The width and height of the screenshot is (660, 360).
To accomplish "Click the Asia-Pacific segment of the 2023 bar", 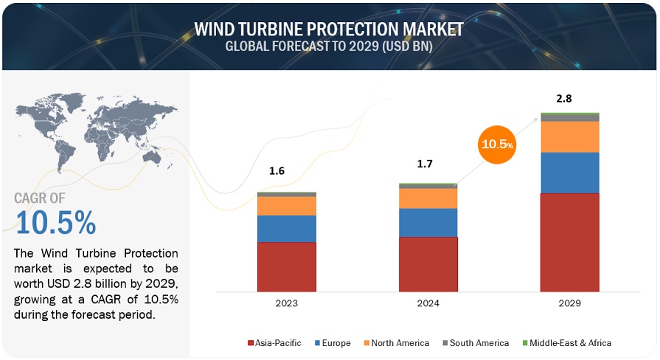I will pos(287,266).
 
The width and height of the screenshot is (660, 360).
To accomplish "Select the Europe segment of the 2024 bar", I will pos(428,222).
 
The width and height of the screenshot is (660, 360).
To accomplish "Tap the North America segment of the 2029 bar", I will pos(570,136).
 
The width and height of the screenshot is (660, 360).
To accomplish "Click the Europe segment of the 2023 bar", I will pos(287,229).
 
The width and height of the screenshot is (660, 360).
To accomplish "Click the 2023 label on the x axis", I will pos(287,303).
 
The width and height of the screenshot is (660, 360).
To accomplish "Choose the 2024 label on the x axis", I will pos(428,303).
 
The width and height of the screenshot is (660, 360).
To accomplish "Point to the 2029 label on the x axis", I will pos(570,303).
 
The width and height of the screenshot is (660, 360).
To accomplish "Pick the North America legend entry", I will pos(397,343).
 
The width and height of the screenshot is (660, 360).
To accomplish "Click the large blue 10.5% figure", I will pos(55,222).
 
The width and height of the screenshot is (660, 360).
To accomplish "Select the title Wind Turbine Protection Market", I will pos(329,29).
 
